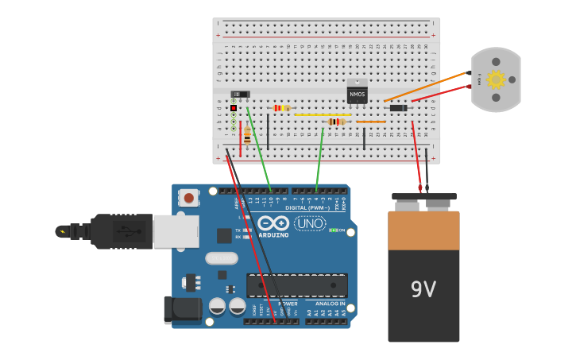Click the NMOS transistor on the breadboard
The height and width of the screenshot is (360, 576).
(x=357, y=94)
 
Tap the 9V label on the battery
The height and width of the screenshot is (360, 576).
(x=423, y=289)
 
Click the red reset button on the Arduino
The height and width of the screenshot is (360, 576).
(x=189, y=196)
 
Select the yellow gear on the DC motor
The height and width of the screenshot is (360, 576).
(x=497, y=79)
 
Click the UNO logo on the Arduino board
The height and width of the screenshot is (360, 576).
(x=310, y=223)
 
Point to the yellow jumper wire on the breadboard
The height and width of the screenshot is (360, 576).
(x=322, y=115)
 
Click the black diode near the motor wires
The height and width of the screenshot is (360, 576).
(x=398, y=108)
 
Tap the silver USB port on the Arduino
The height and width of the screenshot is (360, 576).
(x=175, y=230)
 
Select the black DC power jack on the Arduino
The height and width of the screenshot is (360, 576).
(x=181, y=310)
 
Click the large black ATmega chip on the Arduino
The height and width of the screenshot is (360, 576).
(x=296, y=285)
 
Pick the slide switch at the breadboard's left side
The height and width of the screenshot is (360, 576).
(x=240, y=95)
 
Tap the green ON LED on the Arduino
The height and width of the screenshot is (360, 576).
(x=333, y=230)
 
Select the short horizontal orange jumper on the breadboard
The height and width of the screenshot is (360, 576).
(x=370, y=122)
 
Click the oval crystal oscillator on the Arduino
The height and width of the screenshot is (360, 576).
(x=221, y=257)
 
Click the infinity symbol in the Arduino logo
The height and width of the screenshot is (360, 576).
(x=273, y=223)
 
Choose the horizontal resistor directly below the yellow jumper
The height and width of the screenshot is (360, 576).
(x=336, y=122)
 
